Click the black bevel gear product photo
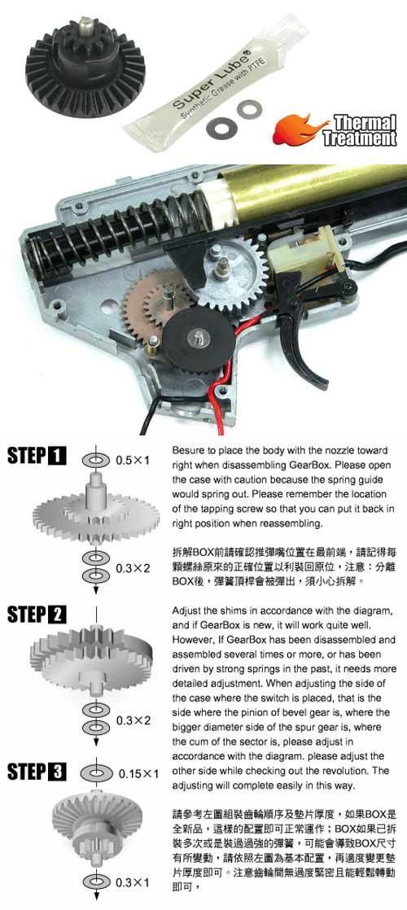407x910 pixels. (x=85, y=68)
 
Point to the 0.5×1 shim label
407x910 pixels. (x=133, y=460)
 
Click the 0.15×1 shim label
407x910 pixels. (x=138, y=773)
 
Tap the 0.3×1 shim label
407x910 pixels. (x=133, y=882)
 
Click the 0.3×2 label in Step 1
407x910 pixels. (x=133, y=568)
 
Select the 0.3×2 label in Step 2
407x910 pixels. (x=133, y=720)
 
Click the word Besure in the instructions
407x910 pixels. (x=187, y=451)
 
